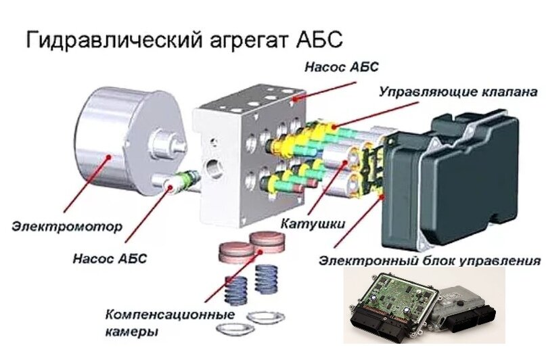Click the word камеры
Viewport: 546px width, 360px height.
pyautogui.click(x=132, y=332)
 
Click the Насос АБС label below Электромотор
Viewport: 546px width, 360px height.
pyautogui.click(x=110, y=258)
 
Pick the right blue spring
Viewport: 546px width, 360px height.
pyautogui.click(x=268, y=278)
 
